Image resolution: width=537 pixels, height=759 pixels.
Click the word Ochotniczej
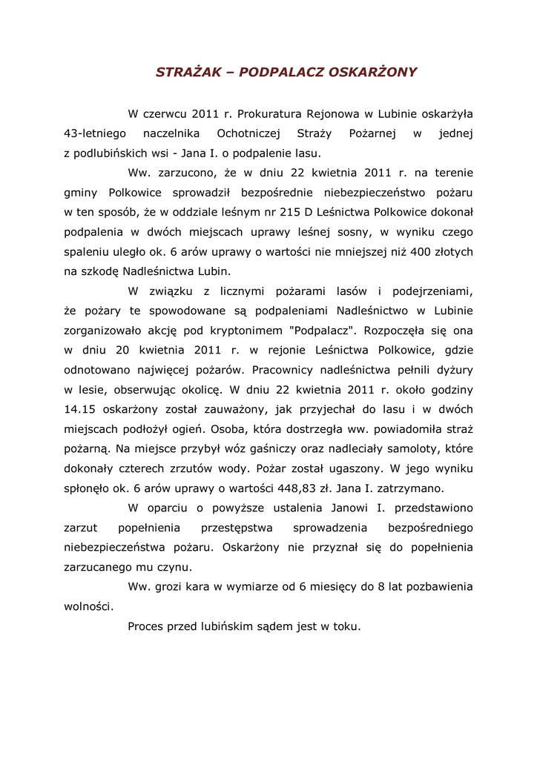click(x=247, y=134)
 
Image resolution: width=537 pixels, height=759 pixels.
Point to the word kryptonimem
click(x=241, y=329)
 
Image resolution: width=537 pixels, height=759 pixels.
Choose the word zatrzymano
click(x=412, y=488)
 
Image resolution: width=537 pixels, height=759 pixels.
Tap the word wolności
click(x=89, y=606)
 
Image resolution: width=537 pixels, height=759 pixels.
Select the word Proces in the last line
click(x=145, y=626)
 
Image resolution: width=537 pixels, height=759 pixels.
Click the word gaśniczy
click(x=275, y=448)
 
